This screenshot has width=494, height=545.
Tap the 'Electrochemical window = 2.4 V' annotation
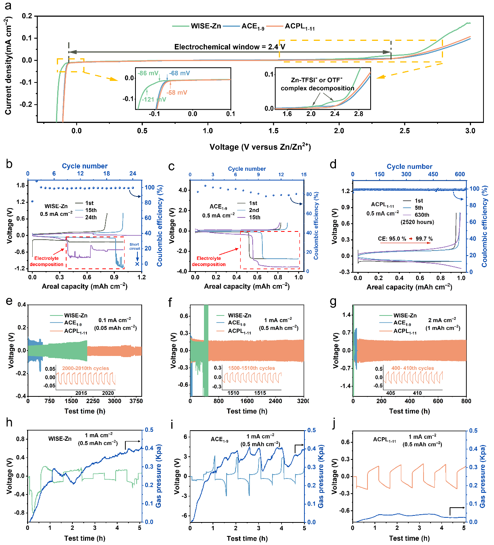(229, 47)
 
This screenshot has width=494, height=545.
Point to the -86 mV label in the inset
(148, 73)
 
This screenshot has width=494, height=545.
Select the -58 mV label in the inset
(177, 93)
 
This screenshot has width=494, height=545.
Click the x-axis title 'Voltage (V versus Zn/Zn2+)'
(260, 147)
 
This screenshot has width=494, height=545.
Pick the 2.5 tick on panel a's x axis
(404, 131)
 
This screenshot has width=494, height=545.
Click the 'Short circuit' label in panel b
(135, 247)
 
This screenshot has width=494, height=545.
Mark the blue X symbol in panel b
(137, 264)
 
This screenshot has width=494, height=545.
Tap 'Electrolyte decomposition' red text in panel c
(209, 261)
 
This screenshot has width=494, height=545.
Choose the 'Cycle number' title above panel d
(409, 166)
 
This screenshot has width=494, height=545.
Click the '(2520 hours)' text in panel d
(417, 222)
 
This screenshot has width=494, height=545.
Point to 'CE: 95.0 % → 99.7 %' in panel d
(405, 239)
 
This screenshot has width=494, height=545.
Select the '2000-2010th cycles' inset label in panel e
(85, 368)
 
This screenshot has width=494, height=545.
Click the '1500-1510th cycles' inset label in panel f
(251, 368)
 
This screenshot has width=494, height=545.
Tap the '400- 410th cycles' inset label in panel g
(412, 368)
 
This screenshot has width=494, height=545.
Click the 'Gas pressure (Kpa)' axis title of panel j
(482, 476)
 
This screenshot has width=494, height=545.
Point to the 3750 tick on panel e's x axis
(136, 401)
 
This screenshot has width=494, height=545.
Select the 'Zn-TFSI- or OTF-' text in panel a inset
(316, 80)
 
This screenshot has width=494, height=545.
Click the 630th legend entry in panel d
(422, 215)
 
